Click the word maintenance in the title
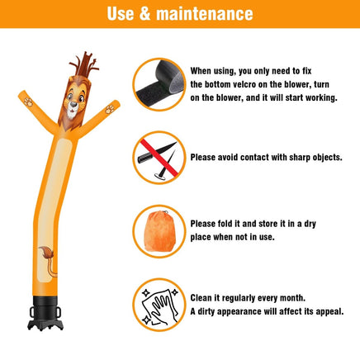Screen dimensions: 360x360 [205, 14]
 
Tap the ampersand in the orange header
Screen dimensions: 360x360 [144, 14]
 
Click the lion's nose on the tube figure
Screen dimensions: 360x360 [73, 104]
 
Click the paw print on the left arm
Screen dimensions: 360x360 [28, 102]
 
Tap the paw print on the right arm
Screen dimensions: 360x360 [110, 109]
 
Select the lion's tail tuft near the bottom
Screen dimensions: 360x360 [46, 253]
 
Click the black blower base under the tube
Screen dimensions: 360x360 [45, 313]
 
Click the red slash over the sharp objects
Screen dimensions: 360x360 [159, 158]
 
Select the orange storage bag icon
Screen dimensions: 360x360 [160, 231]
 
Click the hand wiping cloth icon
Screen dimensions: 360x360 [160, 305]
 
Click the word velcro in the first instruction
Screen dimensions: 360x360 [243, 84]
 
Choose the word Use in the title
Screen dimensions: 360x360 [121, 14]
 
